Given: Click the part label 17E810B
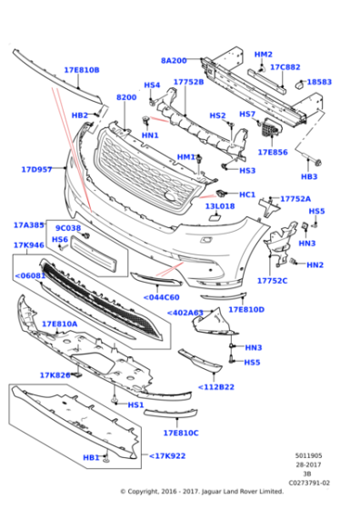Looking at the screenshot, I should click(81, 70).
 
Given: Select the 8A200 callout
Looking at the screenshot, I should click(174, 60).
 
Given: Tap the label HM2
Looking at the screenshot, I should click(263, 55).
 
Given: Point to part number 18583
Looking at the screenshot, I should click(319, 82).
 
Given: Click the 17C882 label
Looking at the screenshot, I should click(285, 67).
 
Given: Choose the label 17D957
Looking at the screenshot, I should click(37, 169).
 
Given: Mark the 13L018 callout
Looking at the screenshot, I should click(219, 206).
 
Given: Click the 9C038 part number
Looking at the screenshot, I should click(68, 228).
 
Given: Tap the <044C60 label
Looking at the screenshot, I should click(161, 296).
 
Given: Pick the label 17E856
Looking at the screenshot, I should click(272, 153).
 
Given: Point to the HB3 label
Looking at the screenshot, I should click(309, 176).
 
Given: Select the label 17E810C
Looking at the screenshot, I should click(180, 433).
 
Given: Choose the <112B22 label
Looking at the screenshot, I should click(216, 387).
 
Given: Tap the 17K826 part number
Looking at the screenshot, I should click(55, 374).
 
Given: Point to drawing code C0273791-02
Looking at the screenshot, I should click(309, 484).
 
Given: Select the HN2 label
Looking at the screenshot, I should click(315, 265).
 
